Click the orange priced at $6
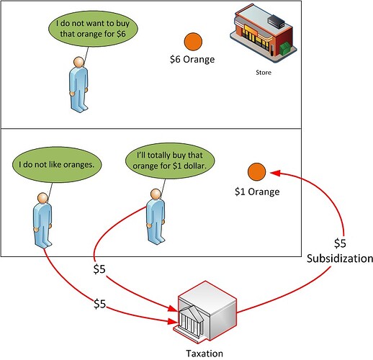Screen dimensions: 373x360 pyautogui.click(x=193, y=42)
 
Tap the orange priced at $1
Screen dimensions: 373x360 pyautogui.click(x=256, y=172)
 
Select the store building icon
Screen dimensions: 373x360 pyautogui.click(x=264, y=33)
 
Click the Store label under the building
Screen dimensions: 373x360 pyautogui.click(x=264, y=73)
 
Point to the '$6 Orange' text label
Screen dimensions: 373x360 pyautogui.click(x=192, y=60)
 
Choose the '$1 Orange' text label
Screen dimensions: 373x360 pyautogui.click(x=257, y=192)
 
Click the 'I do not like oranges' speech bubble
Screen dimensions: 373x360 pyautogui.click(x=57, y=165)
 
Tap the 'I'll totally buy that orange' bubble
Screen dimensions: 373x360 pyautogui.click(x=170, y=161)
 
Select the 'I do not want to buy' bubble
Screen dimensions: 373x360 pyautogui.click(x=93, y=29)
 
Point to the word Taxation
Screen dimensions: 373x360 pyautogui.click(x=205, y=354)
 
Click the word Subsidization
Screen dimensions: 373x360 pyautogui.click(x=340, y=258)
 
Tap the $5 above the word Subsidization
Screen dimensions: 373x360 pyautogui.click(x=340, y=243)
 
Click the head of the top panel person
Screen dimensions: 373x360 pyautogui.click(x=78, y=62)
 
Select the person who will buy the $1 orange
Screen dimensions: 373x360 pyautogui.click(x=156, y=217)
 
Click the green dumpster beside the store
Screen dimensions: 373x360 pyautogui.click(x=285, y=49)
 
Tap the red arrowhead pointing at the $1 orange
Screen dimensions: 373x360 pyautogui.click(x=275, y=173)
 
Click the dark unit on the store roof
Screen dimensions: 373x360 pyautogui.click(x=276, y=20)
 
